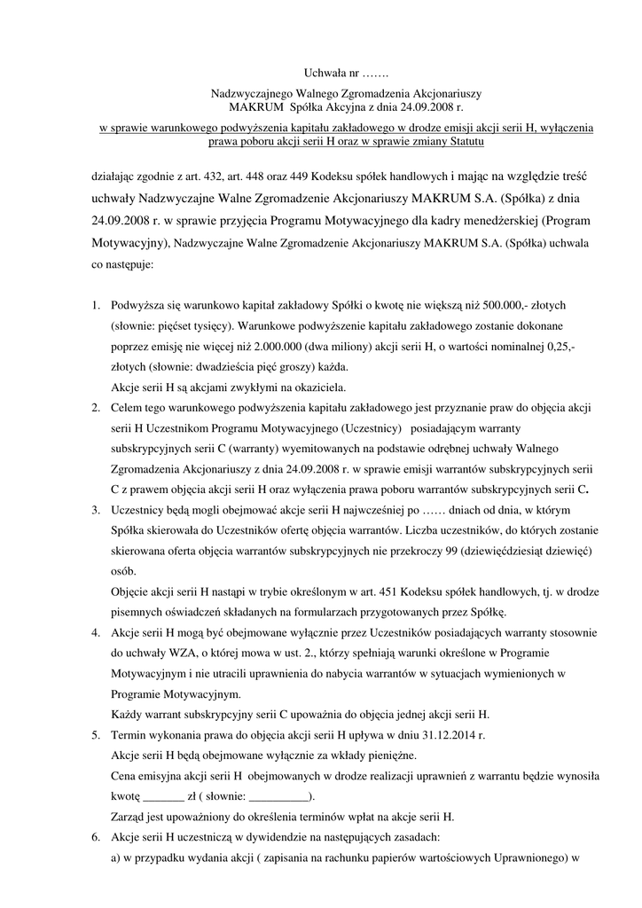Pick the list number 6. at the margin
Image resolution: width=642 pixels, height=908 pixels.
pos(96,836)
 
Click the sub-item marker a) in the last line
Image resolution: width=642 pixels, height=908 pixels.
pos(117,857)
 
